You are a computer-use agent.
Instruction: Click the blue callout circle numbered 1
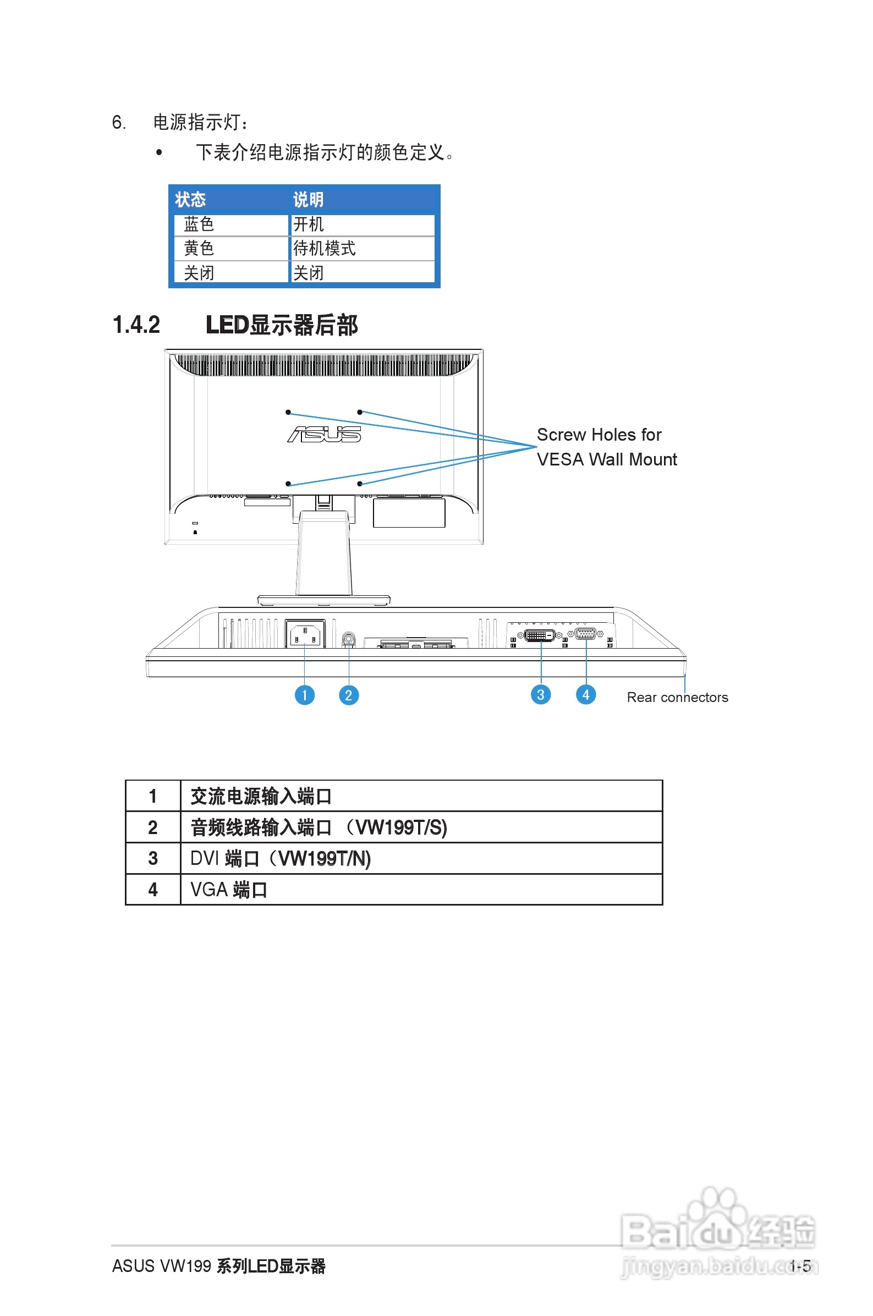305,695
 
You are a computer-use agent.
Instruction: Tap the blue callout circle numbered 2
349,695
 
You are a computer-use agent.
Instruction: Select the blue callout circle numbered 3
541,694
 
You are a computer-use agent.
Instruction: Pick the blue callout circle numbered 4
586,694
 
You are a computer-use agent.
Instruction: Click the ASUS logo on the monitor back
324,434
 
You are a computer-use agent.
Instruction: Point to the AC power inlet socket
305,634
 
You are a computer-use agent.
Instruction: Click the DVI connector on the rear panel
540,635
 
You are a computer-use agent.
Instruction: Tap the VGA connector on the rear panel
585,633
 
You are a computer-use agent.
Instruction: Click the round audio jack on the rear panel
349,639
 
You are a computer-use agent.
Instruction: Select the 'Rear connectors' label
677,698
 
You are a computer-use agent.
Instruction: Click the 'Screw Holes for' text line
599,435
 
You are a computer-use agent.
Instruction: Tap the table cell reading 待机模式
325,248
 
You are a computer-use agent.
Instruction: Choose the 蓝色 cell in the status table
199,224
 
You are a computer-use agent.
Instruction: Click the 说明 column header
308,199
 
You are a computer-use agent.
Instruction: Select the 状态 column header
190,199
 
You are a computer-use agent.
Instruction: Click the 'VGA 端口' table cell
229,890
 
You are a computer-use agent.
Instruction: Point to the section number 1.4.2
136,325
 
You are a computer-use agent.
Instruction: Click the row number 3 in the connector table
152,858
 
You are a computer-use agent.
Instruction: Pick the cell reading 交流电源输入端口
261,796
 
